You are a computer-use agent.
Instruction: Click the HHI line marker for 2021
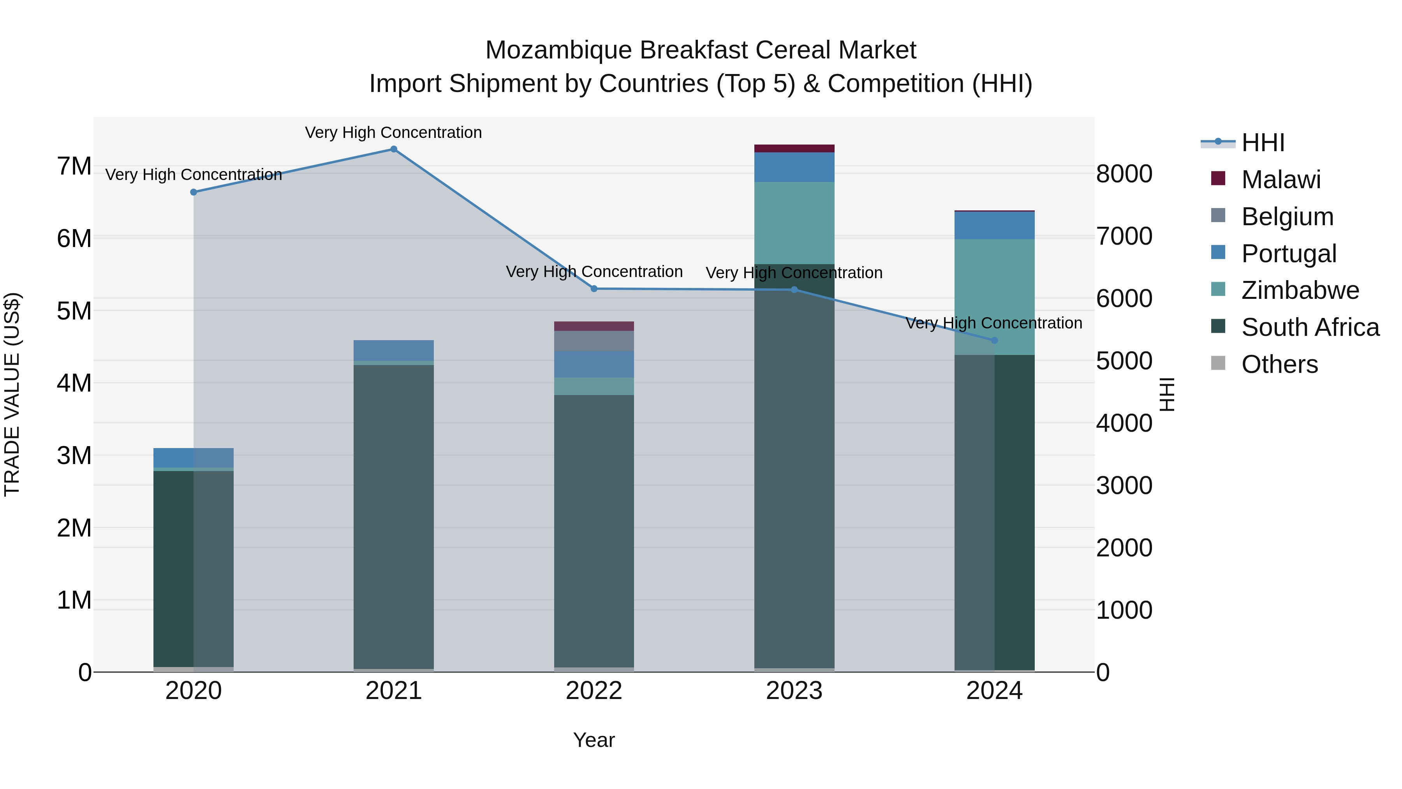tap(393, 149)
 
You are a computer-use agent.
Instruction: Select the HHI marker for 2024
tap(994, 340)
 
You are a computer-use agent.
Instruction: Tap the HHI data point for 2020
tap(194, 192)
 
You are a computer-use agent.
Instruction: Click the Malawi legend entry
tap(1280, 180)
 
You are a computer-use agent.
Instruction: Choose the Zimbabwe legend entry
tap(1299, 290)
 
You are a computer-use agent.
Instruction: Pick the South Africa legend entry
tap(1309, 327)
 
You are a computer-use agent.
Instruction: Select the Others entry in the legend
tap(1279, 364)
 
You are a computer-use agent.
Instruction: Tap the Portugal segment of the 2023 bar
tap(794, 167)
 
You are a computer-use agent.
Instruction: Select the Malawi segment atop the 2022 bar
tap(594, 326)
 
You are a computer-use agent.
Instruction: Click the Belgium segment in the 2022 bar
tap(594, 341)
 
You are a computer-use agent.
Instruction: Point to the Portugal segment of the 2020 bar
tap(194, 457)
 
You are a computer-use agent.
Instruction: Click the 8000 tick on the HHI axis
tap(1124, 174)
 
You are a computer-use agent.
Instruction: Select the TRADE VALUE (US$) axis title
tap(12, 394)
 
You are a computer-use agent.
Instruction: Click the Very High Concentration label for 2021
tap(393, 132)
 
